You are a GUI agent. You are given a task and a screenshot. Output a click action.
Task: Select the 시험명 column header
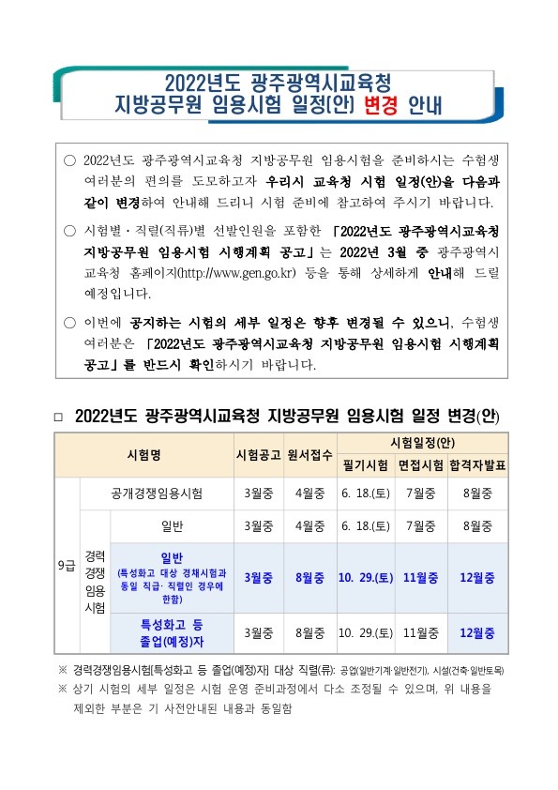[144, 455]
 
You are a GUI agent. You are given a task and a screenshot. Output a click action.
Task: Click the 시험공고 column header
[258, 455]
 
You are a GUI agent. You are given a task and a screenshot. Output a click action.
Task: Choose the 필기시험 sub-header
[366, 465]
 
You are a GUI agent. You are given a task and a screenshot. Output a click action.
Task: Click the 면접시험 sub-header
[421, 465]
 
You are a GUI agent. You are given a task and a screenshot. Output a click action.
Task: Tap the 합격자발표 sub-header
[478, 465]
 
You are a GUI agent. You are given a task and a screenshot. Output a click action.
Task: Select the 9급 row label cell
[68, 566]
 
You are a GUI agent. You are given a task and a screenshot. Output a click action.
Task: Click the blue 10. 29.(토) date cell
[365, 577]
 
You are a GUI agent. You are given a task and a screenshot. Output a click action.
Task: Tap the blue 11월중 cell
[421, 577]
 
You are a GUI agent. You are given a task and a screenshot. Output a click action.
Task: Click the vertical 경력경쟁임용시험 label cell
[96, 582]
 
